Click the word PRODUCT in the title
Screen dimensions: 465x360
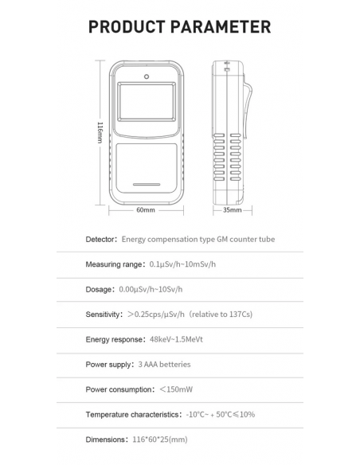pyautogui.click(x=129, y=26)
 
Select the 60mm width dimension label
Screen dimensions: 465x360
pyautogui.click(x=146, y=210)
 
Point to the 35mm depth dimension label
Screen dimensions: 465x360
pyautogui.click(x=232, y=210)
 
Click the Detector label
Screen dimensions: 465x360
pyautogui.click(x=101, y=239)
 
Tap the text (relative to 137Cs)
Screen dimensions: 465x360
pyautogui.click(x=221, y=315)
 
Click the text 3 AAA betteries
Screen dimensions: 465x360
pyautogui.click(x=165, y=365)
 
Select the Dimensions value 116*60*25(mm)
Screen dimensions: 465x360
pyautogui.click(x=159, y=440)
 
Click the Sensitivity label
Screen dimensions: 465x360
pyautogui.click(x=104, y=315)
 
